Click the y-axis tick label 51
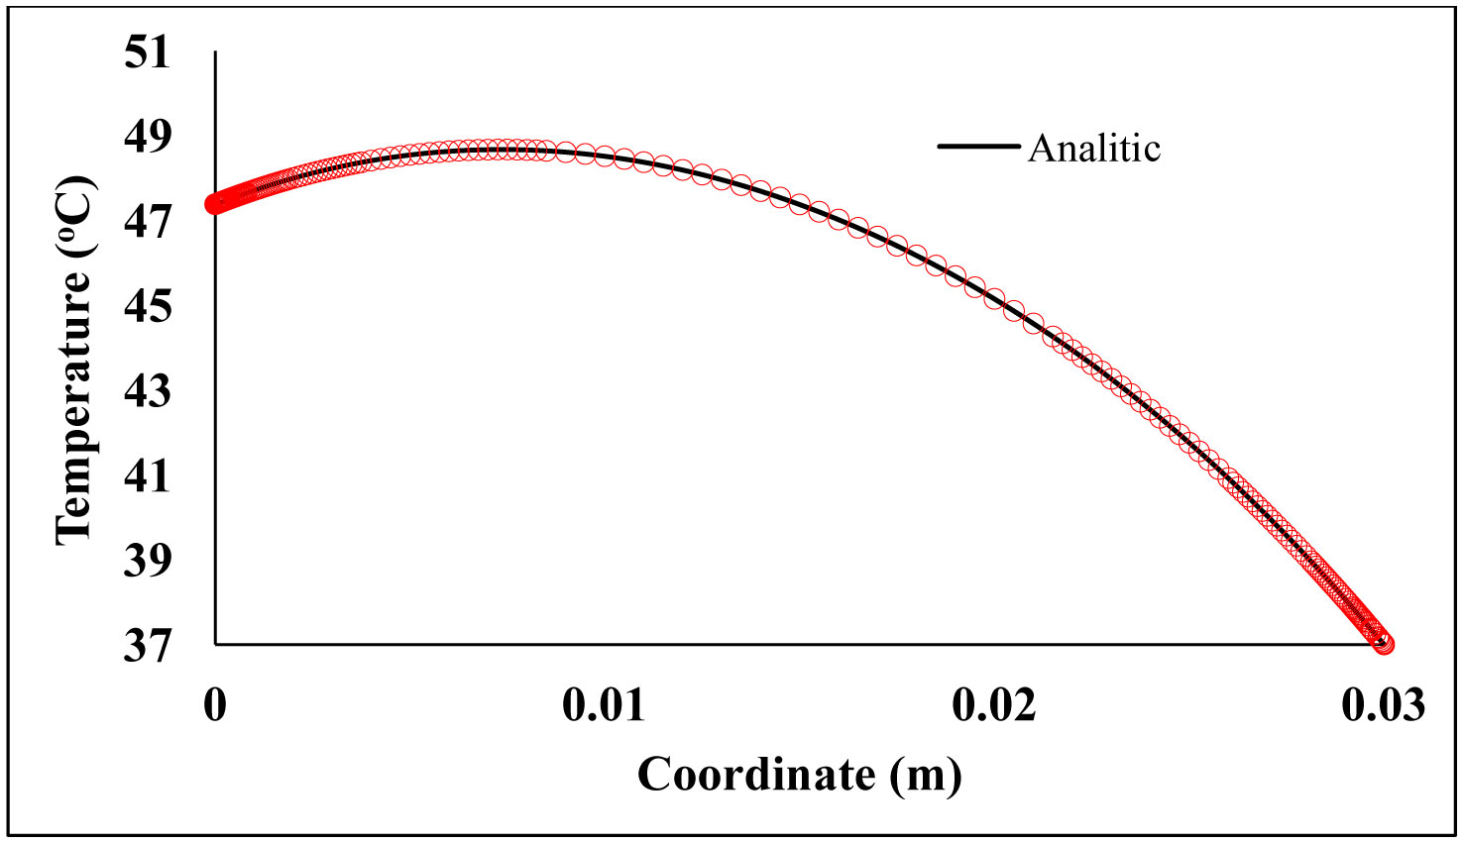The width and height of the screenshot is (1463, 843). (x=147, y=53)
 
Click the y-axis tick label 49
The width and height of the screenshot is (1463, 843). (x=147, y=138)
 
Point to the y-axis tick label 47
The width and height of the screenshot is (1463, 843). (x=147, y=223)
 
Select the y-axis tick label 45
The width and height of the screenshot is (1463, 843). (x=147, y=307)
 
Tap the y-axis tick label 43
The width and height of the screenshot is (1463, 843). (x=147, y=392)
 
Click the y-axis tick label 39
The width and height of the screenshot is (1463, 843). (x=147, y=562)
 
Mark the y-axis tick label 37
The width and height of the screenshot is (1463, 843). (x=147, y=647)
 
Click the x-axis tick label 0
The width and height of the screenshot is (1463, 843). (x=215, y=705)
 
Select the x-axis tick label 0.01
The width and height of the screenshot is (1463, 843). (x=604, y=705)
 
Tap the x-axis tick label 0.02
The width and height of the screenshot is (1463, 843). (x=994, y=705)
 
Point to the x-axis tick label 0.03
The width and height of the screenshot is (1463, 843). (x=1384, y=705)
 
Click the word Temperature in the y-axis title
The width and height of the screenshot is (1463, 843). (x=73, y=408)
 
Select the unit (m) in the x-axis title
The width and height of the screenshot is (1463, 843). (x=925, y=775)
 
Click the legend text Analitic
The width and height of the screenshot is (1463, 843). (x=1094, y=149)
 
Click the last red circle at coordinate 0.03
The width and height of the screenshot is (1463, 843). (x=1385, y=644)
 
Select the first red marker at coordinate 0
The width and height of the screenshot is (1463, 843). (x=212, y=204)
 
